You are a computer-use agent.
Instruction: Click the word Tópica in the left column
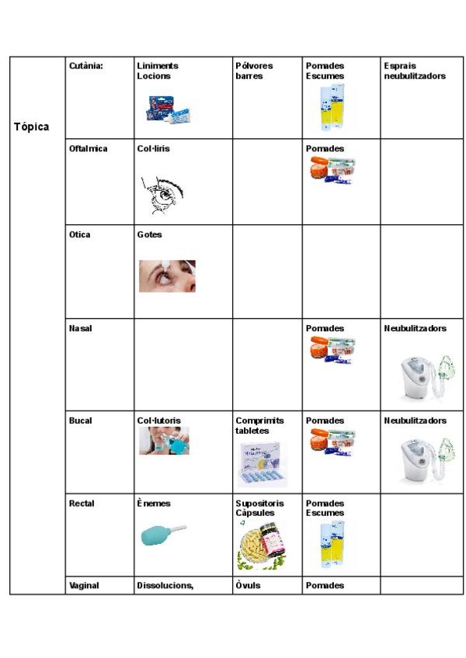pos(31,126)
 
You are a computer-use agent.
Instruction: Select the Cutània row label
pos(86,66)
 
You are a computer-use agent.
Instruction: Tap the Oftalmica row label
pos(88,148)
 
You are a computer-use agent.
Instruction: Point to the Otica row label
pos(79,234)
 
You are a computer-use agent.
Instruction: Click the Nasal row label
pos(80,329)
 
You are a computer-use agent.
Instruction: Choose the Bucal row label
pos(80,421)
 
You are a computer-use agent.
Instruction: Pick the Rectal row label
pos(82,504)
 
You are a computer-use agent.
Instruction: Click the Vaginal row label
pos(84,586)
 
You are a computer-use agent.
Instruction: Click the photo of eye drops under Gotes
pos(167,275)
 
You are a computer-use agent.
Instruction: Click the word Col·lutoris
pos(158,421)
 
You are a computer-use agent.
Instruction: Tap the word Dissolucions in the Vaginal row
pos(165,586)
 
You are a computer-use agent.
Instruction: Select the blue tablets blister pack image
pos(263,463)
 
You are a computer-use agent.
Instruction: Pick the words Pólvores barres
pos(254,71)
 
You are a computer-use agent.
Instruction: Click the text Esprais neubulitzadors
pos(415,71)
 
